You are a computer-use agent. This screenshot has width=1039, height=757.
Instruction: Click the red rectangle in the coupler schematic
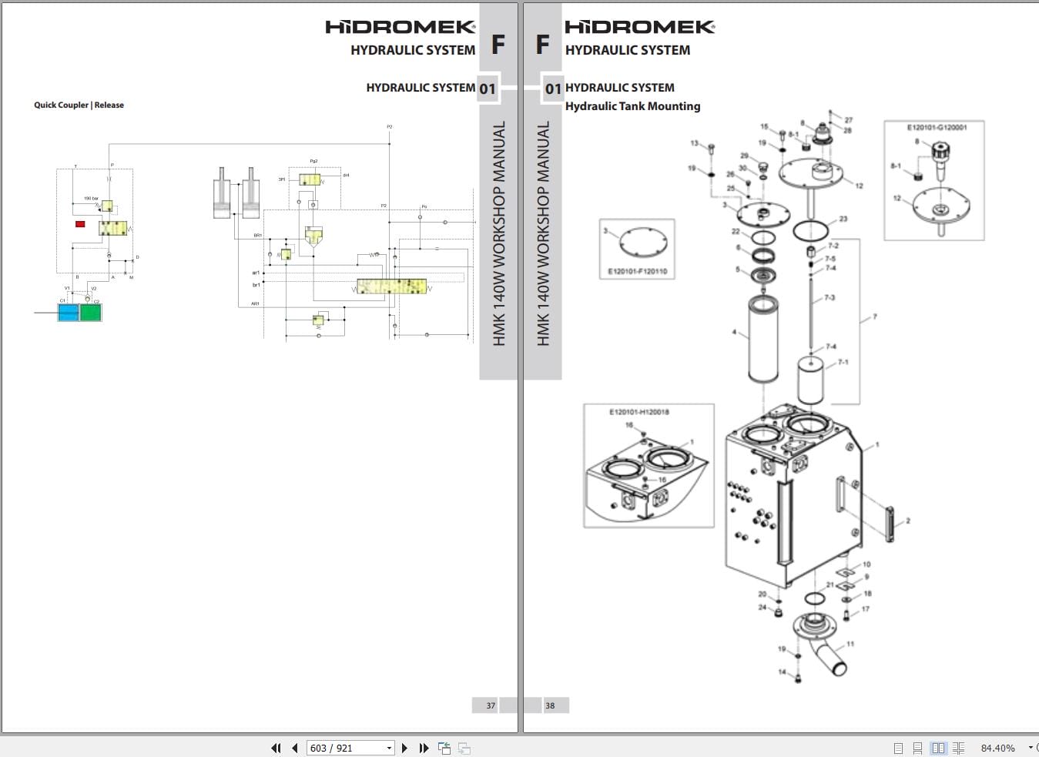80,224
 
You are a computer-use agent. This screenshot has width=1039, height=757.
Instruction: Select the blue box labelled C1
69,313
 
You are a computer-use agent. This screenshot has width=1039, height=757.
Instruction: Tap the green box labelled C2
91,313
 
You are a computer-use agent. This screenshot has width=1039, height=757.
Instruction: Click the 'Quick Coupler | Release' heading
79,105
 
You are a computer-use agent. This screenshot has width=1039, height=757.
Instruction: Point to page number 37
491,705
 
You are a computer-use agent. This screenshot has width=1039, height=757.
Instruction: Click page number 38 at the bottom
550,705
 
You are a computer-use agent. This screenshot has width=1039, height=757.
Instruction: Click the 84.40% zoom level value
997,748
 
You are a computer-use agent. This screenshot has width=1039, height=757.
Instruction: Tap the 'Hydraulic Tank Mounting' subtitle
632,106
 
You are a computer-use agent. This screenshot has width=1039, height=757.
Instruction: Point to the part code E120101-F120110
637,271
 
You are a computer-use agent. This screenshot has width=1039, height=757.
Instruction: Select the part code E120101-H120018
638,412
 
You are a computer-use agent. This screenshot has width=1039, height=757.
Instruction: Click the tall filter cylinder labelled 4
763,339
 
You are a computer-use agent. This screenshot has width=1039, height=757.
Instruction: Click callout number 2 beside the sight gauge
908,521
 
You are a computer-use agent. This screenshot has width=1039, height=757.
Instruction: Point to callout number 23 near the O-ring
843,219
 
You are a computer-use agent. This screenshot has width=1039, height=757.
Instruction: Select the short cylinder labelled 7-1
811,380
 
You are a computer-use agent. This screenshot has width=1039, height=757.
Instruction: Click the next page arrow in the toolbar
405,748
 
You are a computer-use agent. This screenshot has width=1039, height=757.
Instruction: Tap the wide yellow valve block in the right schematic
391,286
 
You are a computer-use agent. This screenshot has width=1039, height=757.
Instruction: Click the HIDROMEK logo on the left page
400,27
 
